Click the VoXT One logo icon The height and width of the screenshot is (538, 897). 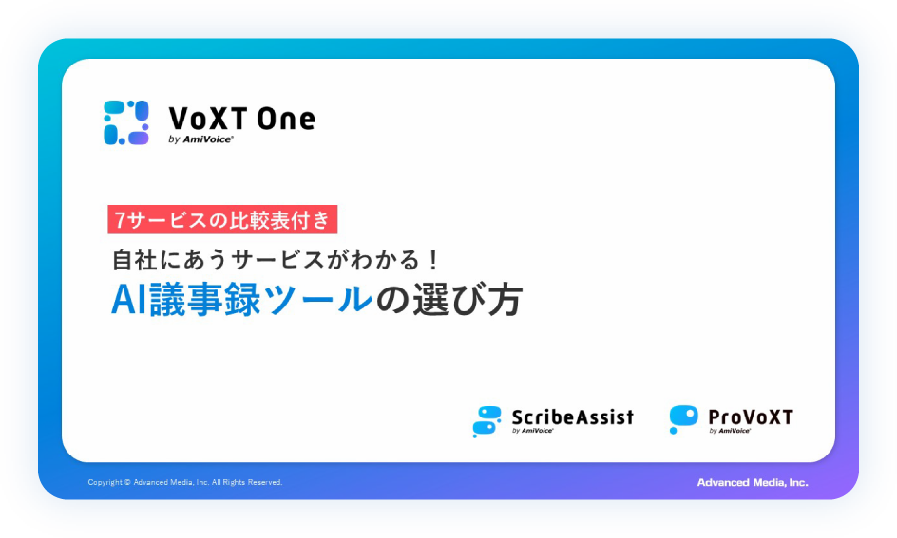tap(126, 122)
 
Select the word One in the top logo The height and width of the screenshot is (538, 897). tap(286, 119)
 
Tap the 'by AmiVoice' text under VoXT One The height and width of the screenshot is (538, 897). tap(200, 139)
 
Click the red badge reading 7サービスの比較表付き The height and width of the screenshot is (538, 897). tap(222, 219)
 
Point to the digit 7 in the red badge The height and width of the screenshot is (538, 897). tap(120, 220)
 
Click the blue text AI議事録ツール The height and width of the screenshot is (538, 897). tap(242, 300)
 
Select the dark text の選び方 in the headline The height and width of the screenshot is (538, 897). tap(448, 300)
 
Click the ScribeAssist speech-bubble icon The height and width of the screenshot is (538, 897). tap(487, 421)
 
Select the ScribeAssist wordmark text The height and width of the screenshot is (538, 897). tap(573, 417)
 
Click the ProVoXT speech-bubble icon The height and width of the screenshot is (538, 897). tap(683, 419)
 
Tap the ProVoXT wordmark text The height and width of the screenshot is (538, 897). tap(751, 417)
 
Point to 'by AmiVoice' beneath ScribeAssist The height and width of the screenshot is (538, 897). tap(532, 431)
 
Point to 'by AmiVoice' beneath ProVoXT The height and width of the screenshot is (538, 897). tap(730, 431)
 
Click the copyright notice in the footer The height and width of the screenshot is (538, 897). tap(184, 482)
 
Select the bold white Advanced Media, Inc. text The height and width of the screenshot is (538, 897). tap(753, 483)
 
